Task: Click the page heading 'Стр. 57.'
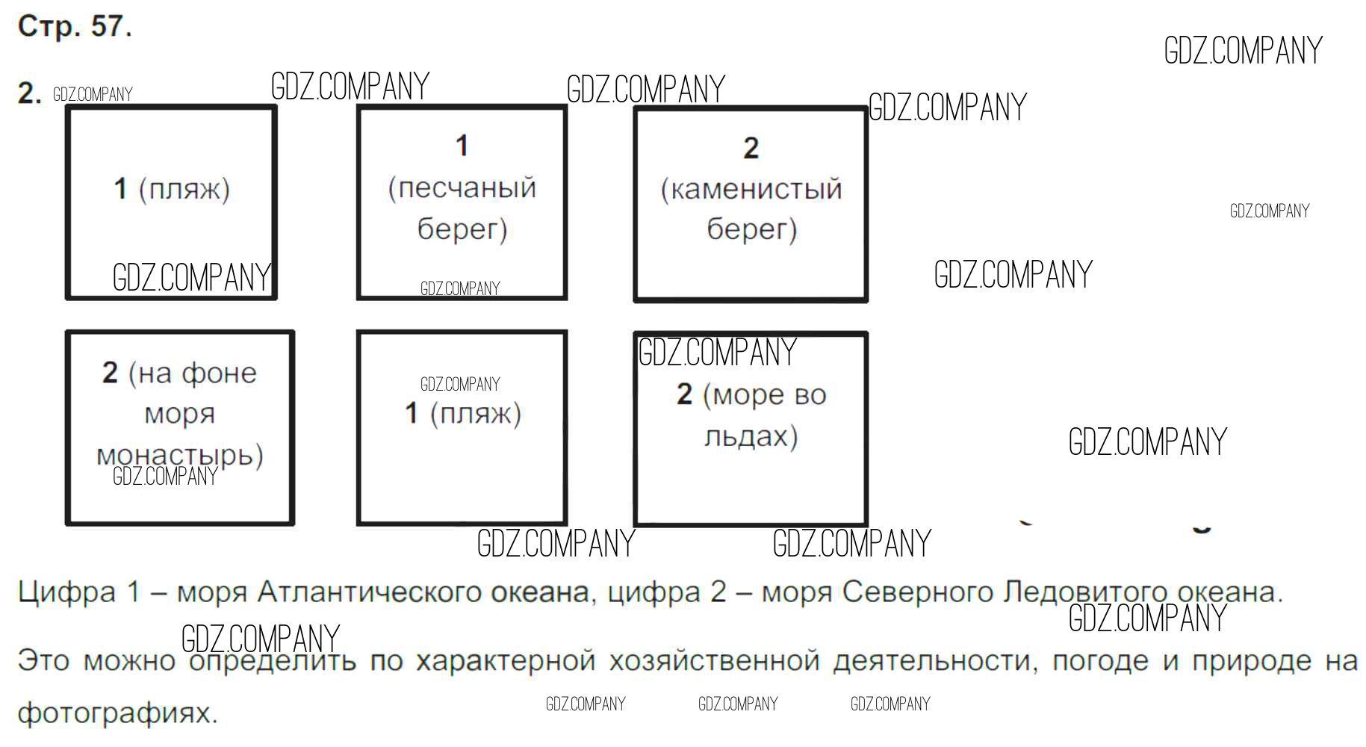coord(75,27)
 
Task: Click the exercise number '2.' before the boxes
coord(29,94)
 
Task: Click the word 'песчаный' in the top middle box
coord(462,187)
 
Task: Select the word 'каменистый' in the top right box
coord(751,189)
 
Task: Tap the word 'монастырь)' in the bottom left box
coord(180,454)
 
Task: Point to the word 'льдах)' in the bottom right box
coord(751,436)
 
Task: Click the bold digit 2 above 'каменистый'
coord(751,148)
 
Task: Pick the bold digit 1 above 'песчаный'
coord(462,146)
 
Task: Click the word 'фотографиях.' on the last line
coord(117,713)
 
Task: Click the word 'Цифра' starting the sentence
coord(67,592)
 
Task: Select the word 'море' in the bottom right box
coord(744,395)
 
